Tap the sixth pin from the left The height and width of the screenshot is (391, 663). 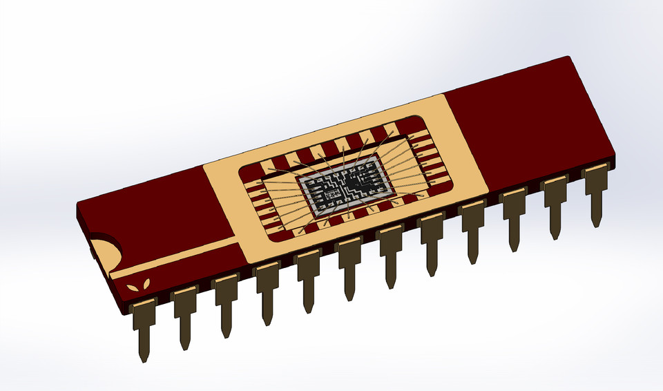[x=349, y=265]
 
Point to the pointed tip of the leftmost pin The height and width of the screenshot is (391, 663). [x=144, y=359]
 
